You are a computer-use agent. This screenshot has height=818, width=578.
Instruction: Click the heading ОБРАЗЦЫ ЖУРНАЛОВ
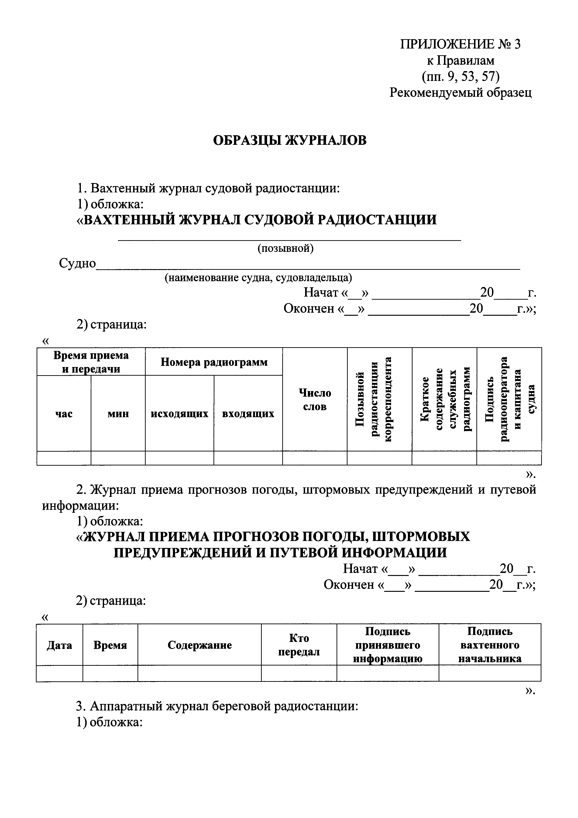coord(289,141)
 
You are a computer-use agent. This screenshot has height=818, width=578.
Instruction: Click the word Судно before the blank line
coord(77,264)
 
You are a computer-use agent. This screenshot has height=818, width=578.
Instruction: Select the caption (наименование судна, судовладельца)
coord(258,277)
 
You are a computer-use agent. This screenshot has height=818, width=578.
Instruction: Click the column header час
coord(64,414)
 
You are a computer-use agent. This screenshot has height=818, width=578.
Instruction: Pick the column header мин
coord(118,414)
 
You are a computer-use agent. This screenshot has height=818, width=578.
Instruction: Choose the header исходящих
coord(179,414)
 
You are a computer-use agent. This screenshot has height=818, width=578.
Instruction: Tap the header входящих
coord(248,414)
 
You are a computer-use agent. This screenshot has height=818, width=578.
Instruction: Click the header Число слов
coord(315,400)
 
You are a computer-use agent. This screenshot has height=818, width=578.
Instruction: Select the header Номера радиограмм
coord(214,362)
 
